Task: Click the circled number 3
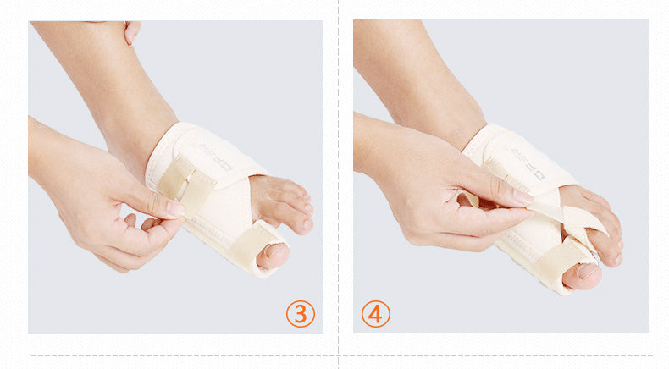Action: pyautogui.click(x=300, y=314)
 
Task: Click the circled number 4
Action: pyautogui.click(x=376, y=314)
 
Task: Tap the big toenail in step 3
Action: pyautogui.click(x=275, y=251)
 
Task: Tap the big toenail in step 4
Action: pyautogui.click(x=588, y=272)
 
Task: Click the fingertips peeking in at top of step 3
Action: pyautogui.click(x=131, y=31)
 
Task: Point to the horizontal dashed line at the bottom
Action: pyautogui.click(x=339, y=355)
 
